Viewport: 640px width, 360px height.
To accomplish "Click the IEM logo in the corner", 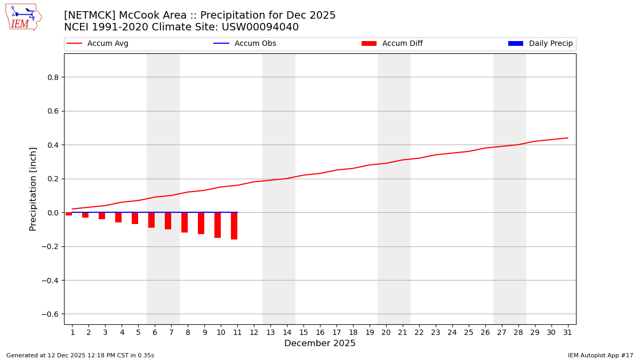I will coord(23,17).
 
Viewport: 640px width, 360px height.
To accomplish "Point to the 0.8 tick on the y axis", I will coord(52,77).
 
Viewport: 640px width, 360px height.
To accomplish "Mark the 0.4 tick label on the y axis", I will coord(52,145).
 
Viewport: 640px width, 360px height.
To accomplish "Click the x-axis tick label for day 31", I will coord(567,332).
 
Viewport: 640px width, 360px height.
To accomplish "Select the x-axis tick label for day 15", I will coord(303,332).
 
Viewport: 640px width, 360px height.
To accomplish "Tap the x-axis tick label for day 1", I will coord(73,332).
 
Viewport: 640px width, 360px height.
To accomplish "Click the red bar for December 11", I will coord(234,226).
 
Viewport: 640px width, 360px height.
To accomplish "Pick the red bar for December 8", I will coord(185,222).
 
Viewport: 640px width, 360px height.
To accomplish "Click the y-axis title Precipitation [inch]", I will coord(33,189).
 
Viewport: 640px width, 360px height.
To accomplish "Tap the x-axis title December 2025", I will coord(320,343).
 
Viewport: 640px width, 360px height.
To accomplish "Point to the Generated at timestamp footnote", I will coord(80,355).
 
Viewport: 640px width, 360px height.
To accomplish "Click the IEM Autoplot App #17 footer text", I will coord(601,355).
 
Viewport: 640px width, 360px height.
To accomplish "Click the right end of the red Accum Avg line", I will coord(567,138).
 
